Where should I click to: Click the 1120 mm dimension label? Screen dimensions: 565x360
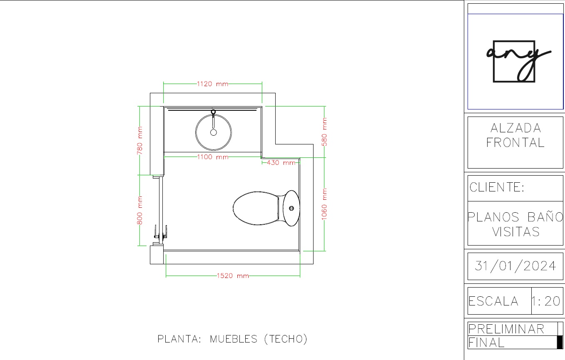click(212, 84)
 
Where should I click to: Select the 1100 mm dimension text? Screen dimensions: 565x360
click(213, 157)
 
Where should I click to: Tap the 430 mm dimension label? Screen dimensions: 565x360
click(281, 163)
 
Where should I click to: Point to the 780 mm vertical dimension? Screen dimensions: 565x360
click(140, 140)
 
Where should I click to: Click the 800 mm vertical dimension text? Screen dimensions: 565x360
click(140, 210)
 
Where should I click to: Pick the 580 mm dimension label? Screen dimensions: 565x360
click(324, 132)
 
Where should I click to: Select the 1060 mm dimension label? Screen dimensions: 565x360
click(324, 204)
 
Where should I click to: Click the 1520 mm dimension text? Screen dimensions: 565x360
click(233, 276)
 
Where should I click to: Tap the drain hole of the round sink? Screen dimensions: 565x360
click(214, 133)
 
